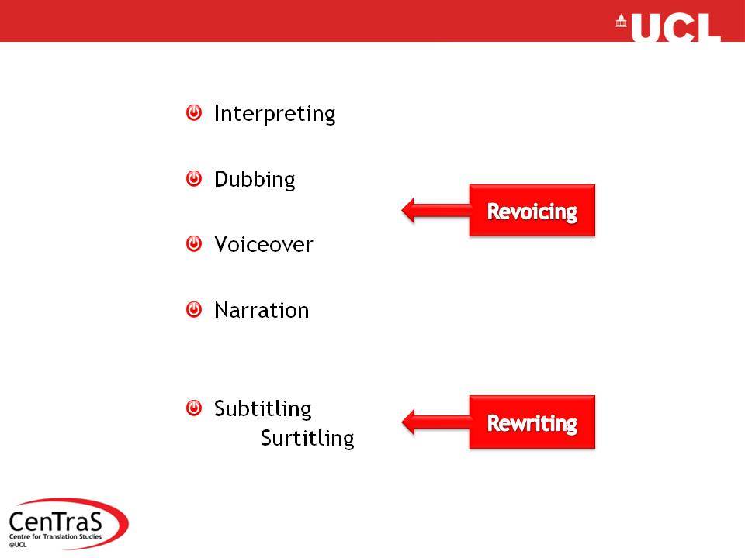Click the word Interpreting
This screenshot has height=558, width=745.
coord(275,115)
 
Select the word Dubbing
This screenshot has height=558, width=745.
coord(255,180)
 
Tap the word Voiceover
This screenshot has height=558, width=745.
coord(264,244)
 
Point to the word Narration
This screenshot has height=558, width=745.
coord(262,310)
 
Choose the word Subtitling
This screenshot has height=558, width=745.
coord(263,408)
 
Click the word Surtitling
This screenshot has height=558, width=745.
coord(307,438)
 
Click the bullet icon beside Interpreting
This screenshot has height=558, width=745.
coord(194,113)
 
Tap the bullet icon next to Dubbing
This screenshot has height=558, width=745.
coord(194,179)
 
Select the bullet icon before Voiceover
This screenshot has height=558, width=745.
coord(194,244)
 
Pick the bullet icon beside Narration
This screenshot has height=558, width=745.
coord(194,309)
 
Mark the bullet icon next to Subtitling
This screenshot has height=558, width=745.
coord(194,408)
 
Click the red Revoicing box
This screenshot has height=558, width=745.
coord(532,210)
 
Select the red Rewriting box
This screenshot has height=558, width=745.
coord(532,422)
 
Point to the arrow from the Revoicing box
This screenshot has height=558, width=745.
coord(435,210)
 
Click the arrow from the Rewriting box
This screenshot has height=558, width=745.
coord(435,422)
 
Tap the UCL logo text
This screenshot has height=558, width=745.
coord(676,28)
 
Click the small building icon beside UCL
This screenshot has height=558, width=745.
coord(621,21)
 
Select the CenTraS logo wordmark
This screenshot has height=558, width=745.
coord(55,522)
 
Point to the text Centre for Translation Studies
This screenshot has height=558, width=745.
coord(56,536)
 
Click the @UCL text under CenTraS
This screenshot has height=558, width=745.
coord(18,544)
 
